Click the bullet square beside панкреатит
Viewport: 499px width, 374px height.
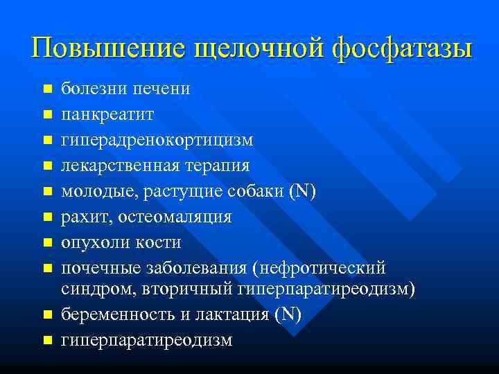[46, 115]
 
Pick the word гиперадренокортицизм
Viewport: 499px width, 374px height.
[157, 140]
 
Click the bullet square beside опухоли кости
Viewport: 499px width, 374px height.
[46, 243]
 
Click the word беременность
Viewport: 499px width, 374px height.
[117, 314]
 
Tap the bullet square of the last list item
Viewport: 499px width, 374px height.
[46, 341]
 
